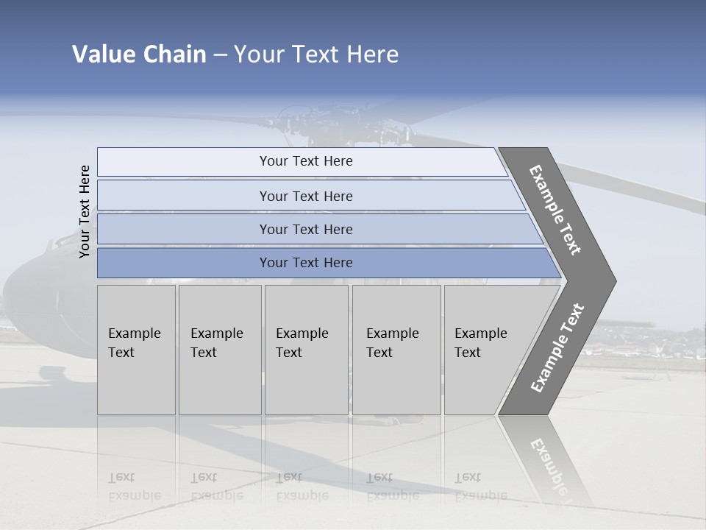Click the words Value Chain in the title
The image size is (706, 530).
click(x=139, y=54)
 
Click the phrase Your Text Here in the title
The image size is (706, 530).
click(x=316, y=54)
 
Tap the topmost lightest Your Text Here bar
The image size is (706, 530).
click(x=306, y=161)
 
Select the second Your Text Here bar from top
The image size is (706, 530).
click(x=306, y=196)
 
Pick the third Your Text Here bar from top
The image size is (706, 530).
click(x=306, y=229)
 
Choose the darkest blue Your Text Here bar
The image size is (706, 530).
click(x=306, y=263)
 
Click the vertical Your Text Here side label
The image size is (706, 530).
click(x=85, y=211)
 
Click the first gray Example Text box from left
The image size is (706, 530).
click(x=136, y=350)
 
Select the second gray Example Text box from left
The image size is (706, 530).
click(x=219, y=350)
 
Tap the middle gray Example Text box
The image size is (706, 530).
click(x=306, y=350)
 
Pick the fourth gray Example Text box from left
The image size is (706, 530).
click(x=396, y=350)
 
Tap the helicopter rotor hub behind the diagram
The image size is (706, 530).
click(x=309, y=121)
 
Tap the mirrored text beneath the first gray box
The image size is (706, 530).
click(x=135, y=487)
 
